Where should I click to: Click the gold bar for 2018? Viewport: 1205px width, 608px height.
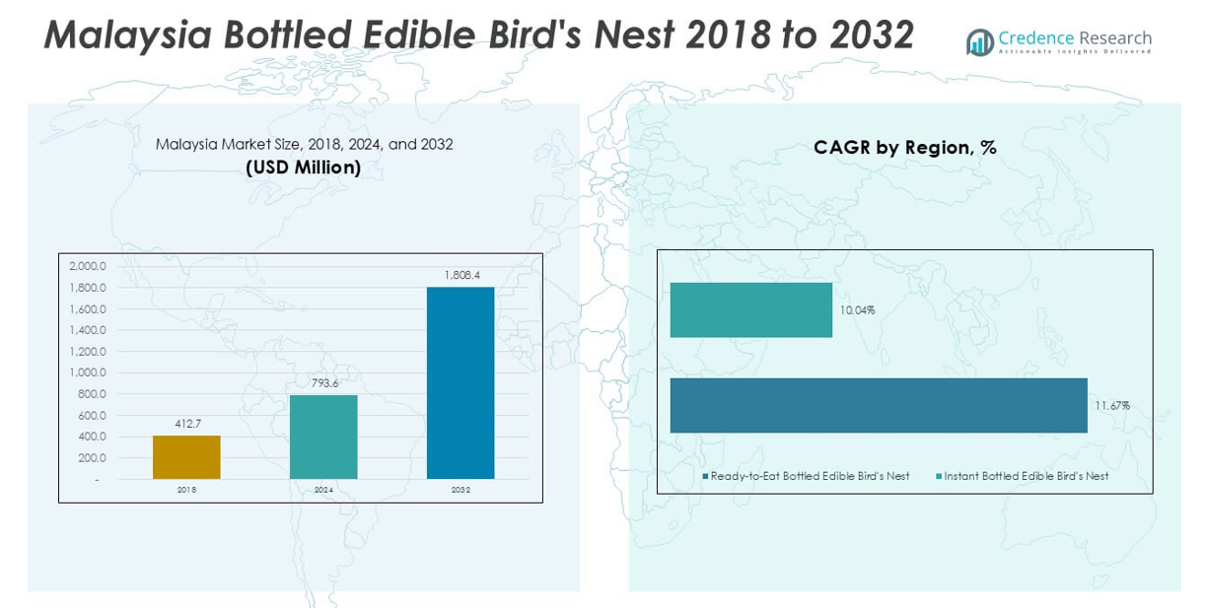(x=186, y=457)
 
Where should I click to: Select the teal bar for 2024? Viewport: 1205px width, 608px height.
(x=323, y=437)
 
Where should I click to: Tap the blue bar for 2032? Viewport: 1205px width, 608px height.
(x=461, y=382)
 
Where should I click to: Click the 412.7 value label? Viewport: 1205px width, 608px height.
(x=186, y=424)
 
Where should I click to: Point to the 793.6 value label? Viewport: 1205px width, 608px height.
(x=323, y=383)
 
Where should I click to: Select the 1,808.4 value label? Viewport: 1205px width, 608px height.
(x=461, y=275)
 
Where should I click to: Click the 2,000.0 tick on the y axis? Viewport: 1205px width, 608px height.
(x=88, y=266)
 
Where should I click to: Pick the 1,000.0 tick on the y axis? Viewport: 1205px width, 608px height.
(x=88, y=372)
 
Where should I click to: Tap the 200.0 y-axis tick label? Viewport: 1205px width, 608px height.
(x=91, y=458)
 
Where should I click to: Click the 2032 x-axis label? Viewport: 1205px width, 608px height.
(x=461, y=490)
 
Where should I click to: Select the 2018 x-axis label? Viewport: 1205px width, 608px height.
(x=186, y=490)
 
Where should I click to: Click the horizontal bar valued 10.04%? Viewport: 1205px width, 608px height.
(x=750, y=310)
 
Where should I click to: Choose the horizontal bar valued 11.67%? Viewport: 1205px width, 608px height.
(x=878, y=405)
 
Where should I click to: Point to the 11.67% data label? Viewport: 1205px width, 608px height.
(x=1111, y=406)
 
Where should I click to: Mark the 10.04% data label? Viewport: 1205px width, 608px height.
(x=857, y=310)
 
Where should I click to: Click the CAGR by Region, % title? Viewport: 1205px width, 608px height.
(x=904, y=148)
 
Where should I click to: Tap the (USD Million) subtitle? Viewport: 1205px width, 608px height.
(x=304, y=168)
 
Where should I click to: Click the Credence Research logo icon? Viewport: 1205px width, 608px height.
(x=980, y=41)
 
